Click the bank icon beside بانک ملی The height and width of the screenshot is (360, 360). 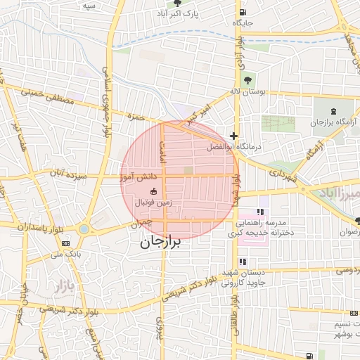pyautogui.click(x=65, y=243)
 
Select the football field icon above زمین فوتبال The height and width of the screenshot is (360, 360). pyautogui.click(x=153, y=192)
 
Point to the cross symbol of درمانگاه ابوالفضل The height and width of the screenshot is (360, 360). pyautogui.click(x=233, y=136)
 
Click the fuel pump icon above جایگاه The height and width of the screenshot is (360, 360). pyautogui.click(x=243, y=12)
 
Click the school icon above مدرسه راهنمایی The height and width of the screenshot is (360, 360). pyautogui.click(x=260, y=212)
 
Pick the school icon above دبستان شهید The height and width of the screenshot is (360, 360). pyautogui.click(x=243, y=262)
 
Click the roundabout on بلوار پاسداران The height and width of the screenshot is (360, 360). pyautogui.click(x=84, y=229)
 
